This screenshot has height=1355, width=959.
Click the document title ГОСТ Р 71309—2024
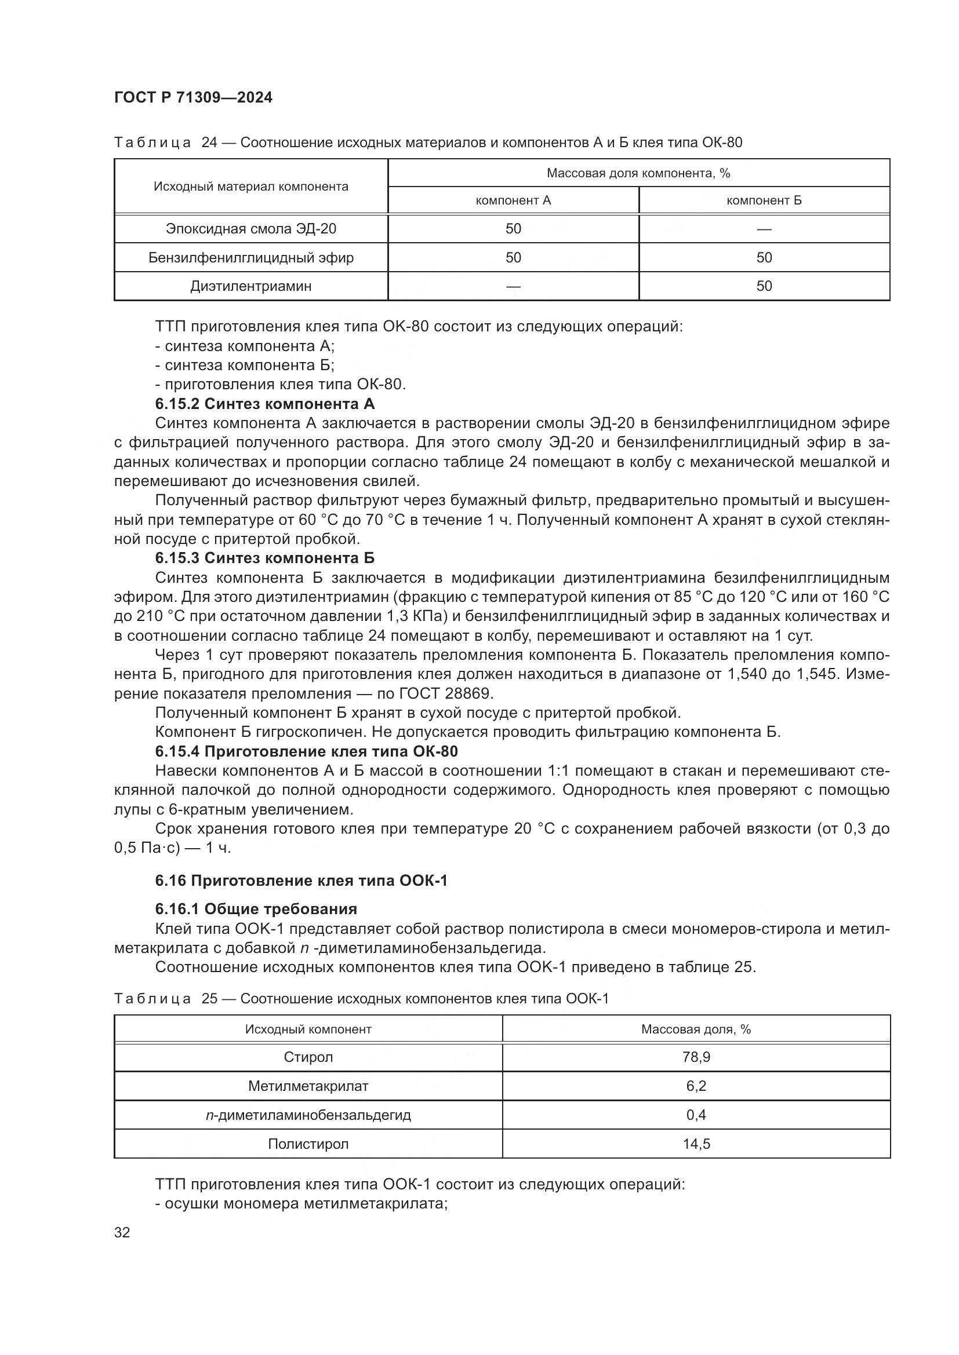[193, 98]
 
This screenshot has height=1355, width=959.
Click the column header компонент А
[513, 200]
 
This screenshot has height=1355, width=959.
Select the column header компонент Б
[764, 200]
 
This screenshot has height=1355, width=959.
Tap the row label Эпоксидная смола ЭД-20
[251, 229]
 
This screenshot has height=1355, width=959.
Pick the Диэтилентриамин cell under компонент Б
[764, 286]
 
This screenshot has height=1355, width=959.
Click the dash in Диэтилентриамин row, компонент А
[513, 287]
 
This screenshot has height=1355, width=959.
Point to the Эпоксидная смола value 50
[513, 229]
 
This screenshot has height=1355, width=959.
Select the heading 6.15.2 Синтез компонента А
[264, 404]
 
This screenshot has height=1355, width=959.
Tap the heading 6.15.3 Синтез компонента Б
[264, 558]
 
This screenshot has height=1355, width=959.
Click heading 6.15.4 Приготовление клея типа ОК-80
[307, 752]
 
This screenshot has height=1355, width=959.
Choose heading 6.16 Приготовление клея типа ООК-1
[301, 881]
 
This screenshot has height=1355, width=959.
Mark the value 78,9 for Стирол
[696, 1058]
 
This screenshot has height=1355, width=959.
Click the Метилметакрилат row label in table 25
[308, 1086]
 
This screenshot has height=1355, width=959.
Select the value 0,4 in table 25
[696, 1115]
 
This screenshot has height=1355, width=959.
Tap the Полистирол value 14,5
[696, 1144]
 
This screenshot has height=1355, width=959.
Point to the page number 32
[122, 1233]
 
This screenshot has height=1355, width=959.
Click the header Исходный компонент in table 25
[308, 1030]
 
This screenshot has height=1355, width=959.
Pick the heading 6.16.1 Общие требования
[256, 909]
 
